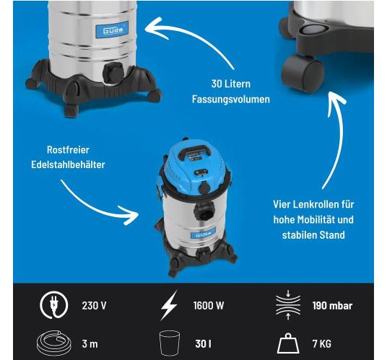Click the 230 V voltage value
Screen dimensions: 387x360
94,305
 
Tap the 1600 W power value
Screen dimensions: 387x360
209,305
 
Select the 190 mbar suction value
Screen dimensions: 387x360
332,306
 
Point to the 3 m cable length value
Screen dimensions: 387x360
90,343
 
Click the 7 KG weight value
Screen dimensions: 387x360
322,343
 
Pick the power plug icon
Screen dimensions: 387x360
54,305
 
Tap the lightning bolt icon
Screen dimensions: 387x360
169,305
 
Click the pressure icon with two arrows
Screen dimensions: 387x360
288,305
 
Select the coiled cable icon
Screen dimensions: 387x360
54,343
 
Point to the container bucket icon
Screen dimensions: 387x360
170,343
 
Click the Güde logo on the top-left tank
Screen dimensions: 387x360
112,30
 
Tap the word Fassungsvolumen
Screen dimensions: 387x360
231,99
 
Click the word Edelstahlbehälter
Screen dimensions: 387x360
68,164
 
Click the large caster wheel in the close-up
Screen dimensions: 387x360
303,74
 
